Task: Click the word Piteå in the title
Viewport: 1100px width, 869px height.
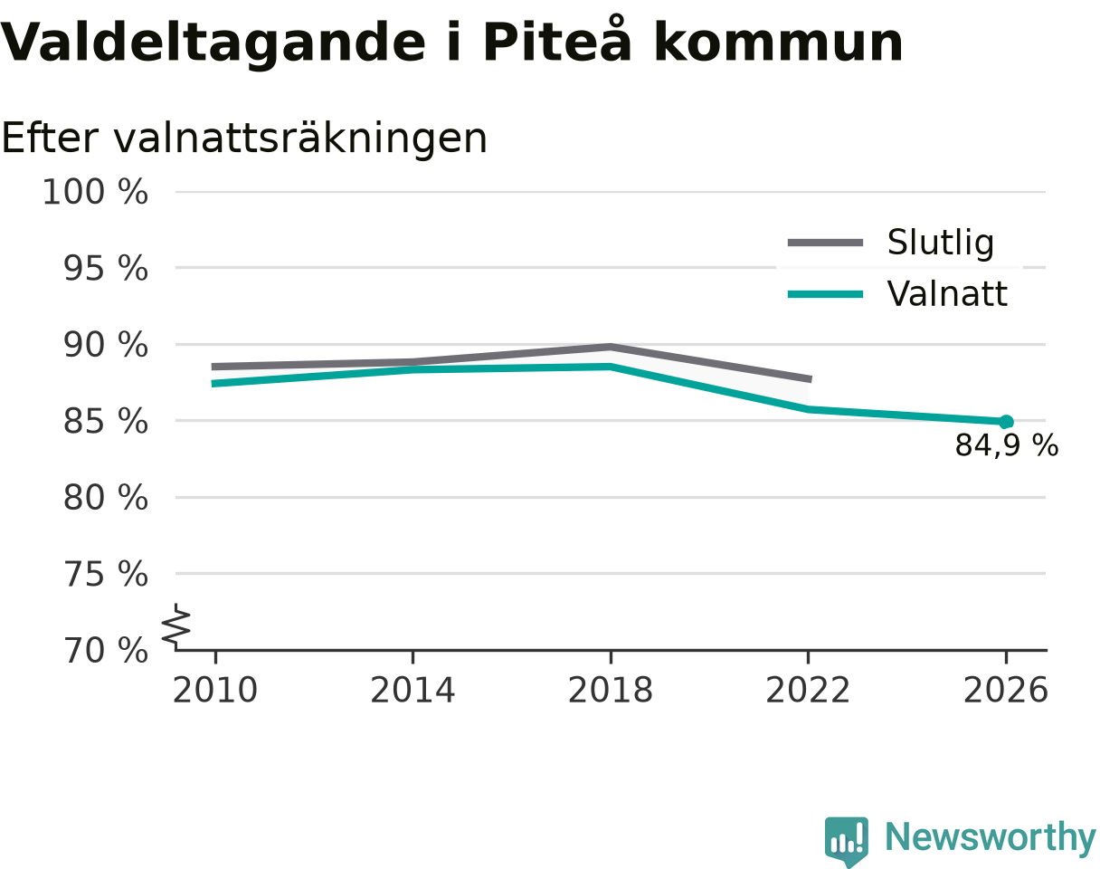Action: [556, 40]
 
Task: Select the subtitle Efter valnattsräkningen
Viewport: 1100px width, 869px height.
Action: [244, 138]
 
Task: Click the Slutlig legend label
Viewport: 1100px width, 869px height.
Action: [941, 242]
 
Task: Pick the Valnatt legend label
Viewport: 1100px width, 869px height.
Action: [947, 294]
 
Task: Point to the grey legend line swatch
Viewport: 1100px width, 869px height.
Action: [825, 243]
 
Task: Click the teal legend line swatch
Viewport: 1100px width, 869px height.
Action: [825, 294]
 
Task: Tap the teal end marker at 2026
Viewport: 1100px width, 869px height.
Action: [1005, 422]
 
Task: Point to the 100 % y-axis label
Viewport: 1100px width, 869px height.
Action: [95, 192]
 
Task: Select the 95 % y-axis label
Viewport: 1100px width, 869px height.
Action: [105, 268]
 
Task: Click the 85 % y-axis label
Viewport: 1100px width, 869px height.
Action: [105, 422]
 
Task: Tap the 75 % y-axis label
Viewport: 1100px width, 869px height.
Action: [105, 574]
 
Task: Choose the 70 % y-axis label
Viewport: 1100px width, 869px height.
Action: [105, 651]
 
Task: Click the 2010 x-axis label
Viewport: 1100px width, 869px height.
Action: [215, 691]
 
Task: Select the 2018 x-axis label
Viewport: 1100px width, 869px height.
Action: [611, 691]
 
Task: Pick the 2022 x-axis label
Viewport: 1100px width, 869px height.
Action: [808, 691]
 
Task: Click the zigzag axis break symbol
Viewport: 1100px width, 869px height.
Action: [176, 624]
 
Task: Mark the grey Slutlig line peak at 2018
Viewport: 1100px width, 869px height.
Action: [611, 348]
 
